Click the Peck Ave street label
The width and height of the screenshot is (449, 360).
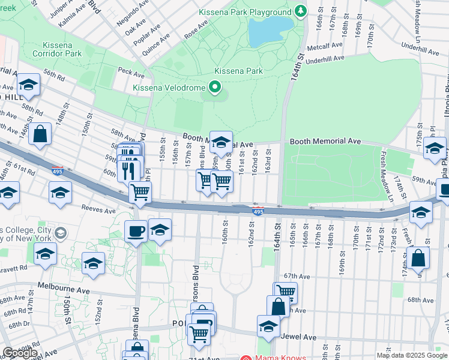click(131, 73)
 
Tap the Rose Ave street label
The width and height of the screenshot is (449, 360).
click(196, 30)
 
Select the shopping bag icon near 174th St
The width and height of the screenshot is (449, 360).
click(420, 257)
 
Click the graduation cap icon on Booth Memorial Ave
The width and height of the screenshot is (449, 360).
click(221, 142)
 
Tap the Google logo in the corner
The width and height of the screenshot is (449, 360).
click(20, 353)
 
